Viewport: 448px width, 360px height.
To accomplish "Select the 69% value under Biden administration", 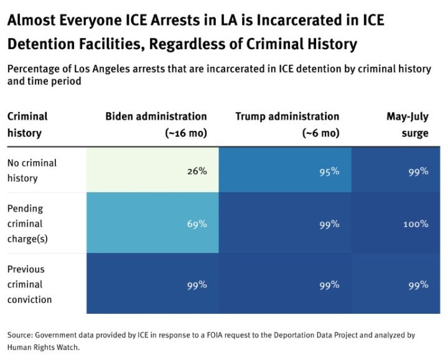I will [x=197, y=224].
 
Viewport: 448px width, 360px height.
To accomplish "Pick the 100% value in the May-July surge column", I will [x=416, y=224].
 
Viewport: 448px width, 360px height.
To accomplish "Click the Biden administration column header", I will [x=156, y=116].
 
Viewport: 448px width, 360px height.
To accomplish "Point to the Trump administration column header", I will [x=287, y=116].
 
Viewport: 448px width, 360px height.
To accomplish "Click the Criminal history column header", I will [x=27, y=125].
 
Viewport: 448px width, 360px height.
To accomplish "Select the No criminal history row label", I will [x=32, y=171].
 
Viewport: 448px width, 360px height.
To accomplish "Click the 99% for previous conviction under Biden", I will [x=197, y=285].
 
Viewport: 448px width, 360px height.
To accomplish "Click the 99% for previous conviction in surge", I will [x=418, y=285].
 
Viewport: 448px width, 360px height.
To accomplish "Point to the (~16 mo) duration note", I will [x=184, y=133].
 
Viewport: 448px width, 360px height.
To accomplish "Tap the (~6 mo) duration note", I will [x=320, y=133].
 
